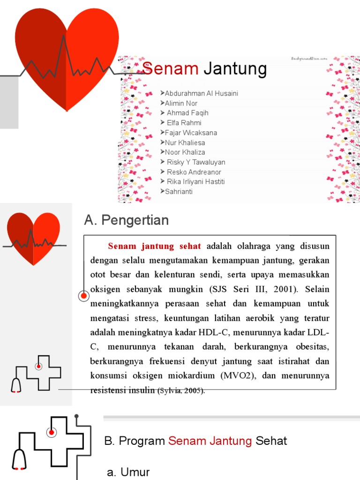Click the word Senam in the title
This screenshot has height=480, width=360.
pyautogui.click(x=171, y=69)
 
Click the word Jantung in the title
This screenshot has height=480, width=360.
pyautogui.click(x=236, y=69)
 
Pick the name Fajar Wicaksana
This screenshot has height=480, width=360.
pyautogui.click(x=191, y=133)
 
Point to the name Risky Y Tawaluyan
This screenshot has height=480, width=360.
pyautogui.click(x=196, y=162)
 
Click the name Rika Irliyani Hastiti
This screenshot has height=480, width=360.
pyautogui.click(x=196, y=181)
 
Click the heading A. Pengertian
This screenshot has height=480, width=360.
pyautogui.click(x=126, y=220)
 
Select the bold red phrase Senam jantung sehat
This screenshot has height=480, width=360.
pyautogui.click(x=154, y=246)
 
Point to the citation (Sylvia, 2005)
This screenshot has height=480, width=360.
pyautogui.click(x=181, y=390)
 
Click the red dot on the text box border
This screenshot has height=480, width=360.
pyautogui.click(x=84, y=296)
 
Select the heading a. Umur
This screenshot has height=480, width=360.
pyautogui.click(x=128, y=472)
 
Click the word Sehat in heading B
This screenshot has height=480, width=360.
pyautogui.click(x=271, y=441)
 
